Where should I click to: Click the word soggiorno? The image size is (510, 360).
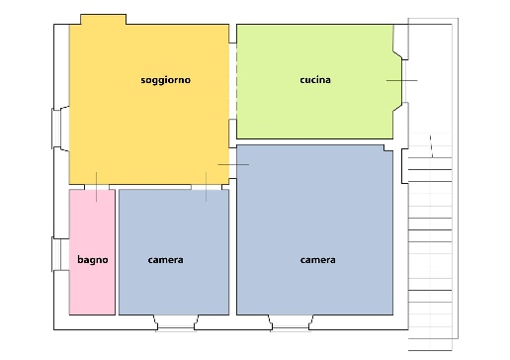point(165,80)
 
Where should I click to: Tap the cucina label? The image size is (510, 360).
point(315,80)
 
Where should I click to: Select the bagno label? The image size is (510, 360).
point(93,260)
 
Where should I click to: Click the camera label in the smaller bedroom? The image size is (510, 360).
point(165,260)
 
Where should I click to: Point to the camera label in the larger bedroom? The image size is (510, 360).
point(317,260)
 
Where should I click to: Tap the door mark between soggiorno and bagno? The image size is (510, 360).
point(96,187)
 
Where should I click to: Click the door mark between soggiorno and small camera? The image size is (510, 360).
point(207,187)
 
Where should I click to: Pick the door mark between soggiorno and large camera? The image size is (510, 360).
point(233,164)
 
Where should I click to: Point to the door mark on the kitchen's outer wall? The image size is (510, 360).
point(401,80)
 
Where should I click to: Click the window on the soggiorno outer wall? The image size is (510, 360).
point(56,129)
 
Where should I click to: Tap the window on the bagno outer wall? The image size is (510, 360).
point(56,254)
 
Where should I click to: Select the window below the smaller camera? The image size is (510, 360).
point(176,327)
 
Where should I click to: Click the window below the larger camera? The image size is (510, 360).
point(291,327)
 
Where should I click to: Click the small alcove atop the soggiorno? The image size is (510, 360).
point(103,20)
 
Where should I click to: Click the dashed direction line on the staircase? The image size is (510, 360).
point(431,146)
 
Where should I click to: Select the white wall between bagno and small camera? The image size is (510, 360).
point(117,252)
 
